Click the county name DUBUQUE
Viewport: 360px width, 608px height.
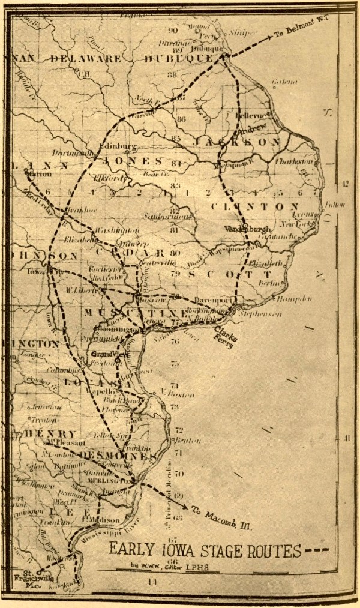179,59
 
